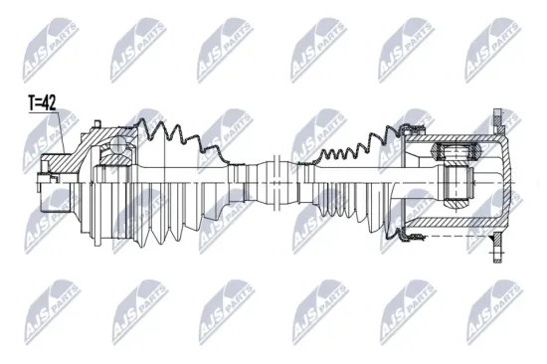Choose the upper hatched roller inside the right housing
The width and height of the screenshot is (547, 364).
454,153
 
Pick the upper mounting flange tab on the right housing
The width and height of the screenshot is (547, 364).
496,122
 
